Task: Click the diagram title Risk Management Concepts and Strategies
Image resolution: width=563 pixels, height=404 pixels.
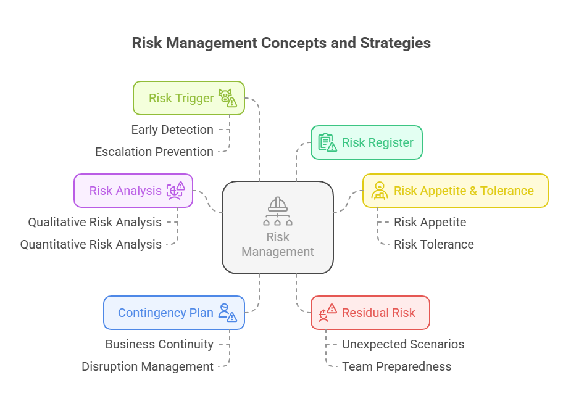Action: pos(281,43)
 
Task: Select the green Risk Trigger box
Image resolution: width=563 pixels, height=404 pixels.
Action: pos(188,98)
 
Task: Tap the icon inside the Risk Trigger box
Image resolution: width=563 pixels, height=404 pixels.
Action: pos(228,98)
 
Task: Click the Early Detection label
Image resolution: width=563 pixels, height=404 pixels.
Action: pos(172,130)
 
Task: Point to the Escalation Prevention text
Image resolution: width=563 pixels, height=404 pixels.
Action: pos(154,152)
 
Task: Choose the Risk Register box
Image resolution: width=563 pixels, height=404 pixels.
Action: pos(366,142)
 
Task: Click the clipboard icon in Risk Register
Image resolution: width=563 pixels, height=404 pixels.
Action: pos(327,142)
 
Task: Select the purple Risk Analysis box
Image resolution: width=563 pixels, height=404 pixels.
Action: pos(133,191)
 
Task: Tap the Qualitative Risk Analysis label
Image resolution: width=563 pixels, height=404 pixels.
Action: pos(94,222)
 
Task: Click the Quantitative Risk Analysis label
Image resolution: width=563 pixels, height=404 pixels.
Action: pos(91,244)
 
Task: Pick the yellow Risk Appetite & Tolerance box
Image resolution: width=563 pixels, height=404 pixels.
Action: pos(455,191)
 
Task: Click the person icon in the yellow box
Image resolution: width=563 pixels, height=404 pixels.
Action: pos(379,191)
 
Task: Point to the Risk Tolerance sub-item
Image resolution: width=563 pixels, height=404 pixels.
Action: pos(434,244)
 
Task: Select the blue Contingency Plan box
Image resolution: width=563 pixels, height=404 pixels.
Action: pos(173,313)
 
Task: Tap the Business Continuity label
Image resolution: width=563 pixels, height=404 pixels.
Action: pos(159,344)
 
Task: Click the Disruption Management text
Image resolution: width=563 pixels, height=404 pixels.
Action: pos(148,366)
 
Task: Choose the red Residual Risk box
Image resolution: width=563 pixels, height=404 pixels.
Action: pos(370,313)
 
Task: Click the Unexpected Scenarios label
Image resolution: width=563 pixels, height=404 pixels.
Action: pos(403,344)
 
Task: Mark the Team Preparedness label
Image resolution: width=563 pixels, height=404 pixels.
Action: pos(396,366)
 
